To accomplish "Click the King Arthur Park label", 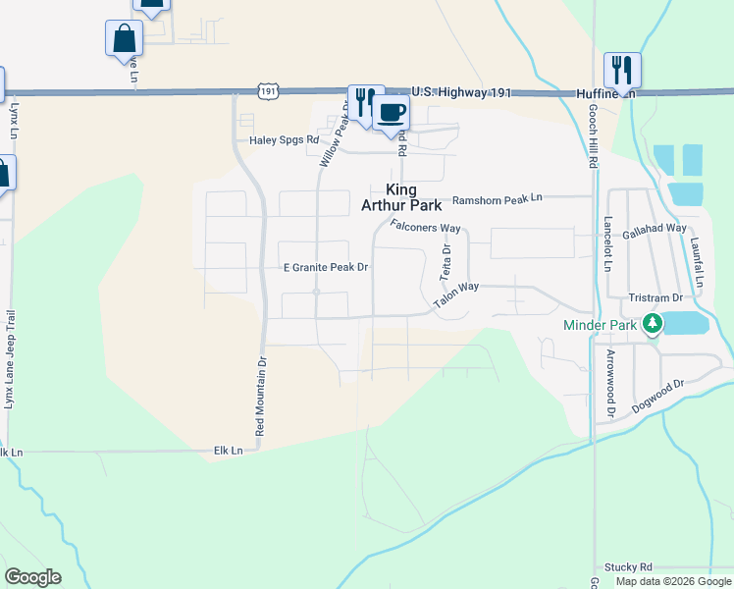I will [x=400, y=197].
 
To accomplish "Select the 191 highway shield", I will [x=269, y=90].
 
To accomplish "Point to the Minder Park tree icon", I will [x=652, y=324].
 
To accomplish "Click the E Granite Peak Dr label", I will [x=325, y=267].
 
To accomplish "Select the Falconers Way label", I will [x=425, y=227].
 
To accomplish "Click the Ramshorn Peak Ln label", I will [x=497, y=198].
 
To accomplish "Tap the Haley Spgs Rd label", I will [x=285, y=139].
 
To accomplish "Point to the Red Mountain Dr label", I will [x=260, y=396].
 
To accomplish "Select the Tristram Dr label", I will [x=656, y=297].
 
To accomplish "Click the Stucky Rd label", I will [x=629, y=566].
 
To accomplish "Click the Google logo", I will [x=32, y=577].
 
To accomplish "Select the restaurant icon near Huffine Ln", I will [x=622, y=69].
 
